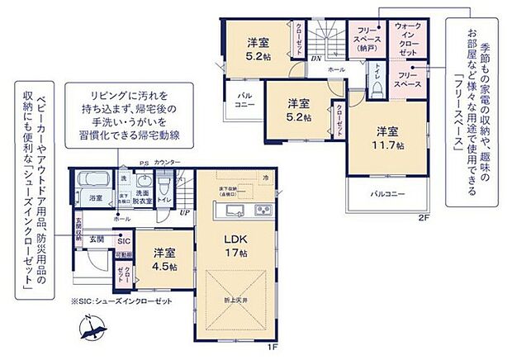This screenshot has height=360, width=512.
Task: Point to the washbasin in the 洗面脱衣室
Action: (x=143, y=182)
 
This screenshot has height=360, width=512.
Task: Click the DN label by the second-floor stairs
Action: (x=315, y=59)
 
